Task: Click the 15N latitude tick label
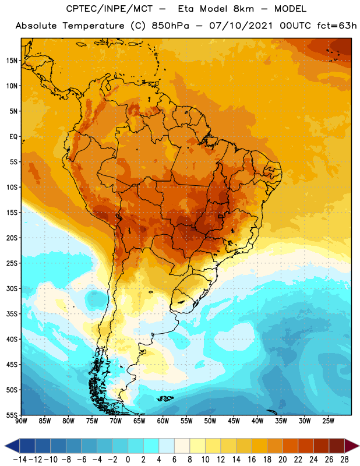point(12,61)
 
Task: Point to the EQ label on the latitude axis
point(13,137)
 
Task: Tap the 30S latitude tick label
point(12,288)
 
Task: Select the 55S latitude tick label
point(12,415)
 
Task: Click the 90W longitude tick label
point(22,421)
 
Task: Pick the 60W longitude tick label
point(163,421)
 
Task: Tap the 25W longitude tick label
point(328,421)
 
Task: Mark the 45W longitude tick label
point(234,421)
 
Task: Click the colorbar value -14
point(20,460)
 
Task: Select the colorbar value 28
point(344,460)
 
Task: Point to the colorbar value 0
point(128,460)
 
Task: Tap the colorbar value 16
point(252,460)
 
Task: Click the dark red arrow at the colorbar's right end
point(352,446)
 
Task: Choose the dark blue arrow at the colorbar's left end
point(12,446)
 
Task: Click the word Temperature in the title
point(94,26)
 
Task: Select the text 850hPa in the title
point(170,26)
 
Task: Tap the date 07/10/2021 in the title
point(241,26)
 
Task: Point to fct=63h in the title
point(337,26)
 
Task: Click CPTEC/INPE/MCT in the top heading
point(109,9)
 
